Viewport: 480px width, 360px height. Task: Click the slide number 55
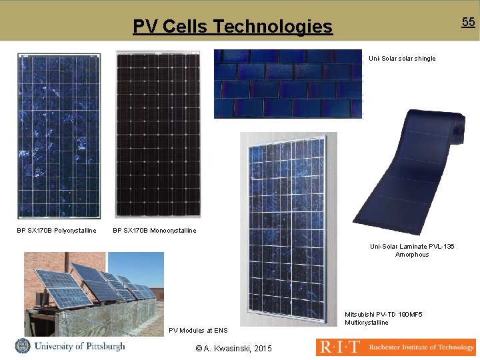[469, 22]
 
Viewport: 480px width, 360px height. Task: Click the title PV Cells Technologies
[232, 27]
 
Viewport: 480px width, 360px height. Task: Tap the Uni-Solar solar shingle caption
[402, 59]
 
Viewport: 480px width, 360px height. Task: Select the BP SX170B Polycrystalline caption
[57, 231]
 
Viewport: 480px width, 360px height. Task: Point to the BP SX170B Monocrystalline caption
[155, 231]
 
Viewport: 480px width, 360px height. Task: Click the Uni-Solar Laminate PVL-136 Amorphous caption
[412, 251]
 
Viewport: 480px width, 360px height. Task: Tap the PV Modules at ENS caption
[198, 330]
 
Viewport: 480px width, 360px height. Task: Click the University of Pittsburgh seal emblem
[23, 346]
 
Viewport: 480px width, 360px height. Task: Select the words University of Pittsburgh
[79, 346]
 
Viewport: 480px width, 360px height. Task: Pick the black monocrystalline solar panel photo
[158, 134]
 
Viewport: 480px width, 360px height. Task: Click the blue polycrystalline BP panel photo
[59, 135]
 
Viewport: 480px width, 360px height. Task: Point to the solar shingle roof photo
[287, 84]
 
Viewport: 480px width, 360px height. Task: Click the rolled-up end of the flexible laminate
[460, 127]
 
